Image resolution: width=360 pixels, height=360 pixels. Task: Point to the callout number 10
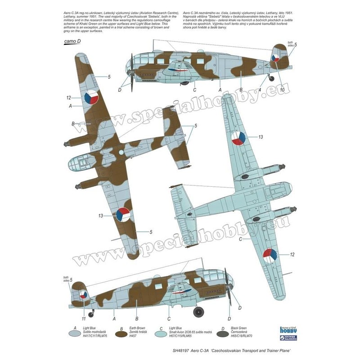(x=282, y=90)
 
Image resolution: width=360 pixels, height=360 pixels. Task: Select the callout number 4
(x=260, y=90)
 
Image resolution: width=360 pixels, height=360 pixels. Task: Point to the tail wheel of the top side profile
(x=271, y=78)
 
